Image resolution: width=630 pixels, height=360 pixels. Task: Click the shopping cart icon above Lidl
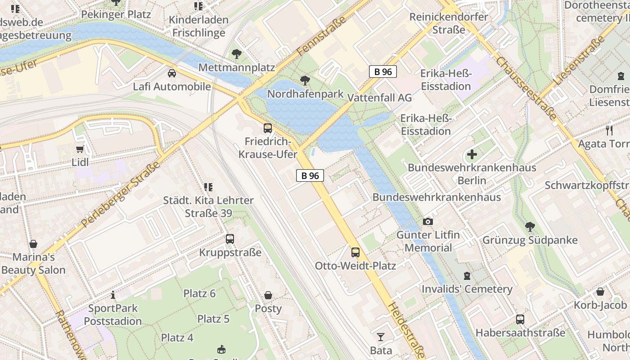pyautogui.click(x=80, y=149)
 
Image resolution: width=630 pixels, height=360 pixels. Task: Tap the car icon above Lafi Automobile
pyautogui.click(x=172, y=73)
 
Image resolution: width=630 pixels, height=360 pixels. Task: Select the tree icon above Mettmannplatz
pyautogui.click(x=236, y=54)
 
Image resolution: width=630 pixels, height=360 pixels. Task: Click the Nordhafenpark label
pyautogui.click(x=305, y=94)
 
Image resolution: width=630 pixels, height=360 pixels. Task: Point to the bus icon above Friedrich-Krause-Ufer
pyautogui.click(x=268, y=128)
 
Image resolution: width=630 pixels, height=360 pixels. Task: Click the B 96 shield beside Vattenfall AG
pyautogui.click(x=383, y=72)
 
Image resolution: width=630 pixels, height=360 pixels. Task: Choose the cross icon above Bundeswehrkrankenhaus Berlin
pyautogui.click(x=472, y=155)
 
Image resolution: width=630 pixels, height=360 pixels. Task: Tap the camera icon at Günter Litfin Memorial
pyautogui.click(x=427, y=221)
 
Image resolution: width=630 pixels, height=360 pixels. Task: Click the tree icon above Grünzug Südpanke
pyautogui.click(x=530, y=226)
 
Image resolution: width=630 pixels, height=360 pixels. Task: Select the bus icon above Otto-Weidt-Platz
pyautogui.click(x=355, y=252)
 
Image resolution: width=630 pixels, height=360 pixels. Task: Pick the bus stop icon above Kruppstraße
pyautogui.click(x=230, y=239)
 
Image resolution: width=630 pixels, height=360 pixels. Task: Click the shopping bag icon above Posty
pyautogui.click(x=268, y=295)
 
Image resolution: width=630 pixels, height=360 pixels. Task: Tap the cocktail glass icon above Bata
pyautogui.click(x=381, y=337)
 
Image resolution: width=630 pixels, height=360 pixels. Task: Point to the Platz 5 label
pyautogui.click(x=213, y=319)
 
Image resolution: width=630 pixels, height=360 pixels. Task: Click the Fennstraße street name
pyautogui.click(x=321, y=38)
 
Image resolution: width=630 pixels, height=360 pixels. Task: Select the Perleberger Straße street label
pyautogui.click(x=122, y=195)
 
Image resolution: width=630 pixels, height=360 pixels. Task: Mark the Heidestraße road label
pyautogui.click(x=405, y=330)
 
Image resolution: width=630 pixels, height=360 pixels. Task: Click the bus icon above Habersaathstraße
pyautogui.click(x=520, y=319)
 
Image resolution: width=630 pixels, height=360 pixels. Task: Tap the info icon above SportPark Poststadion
pyautogui.click(x=112, y=295)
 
